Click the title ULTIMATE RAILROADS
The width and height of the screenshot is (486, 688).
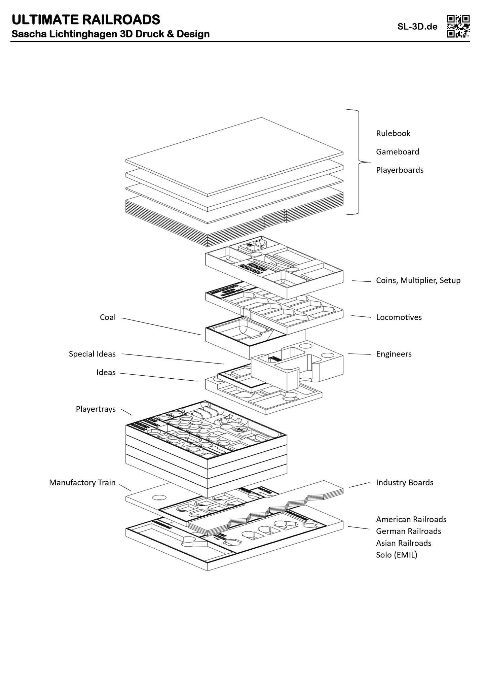coord(86,20)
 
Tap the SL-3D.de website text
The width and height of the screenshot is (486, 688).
coord(417,27)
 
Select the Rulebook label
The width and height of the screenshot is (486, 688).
coord(393,133)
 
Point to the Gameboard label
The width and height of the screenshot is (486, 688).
coord(398,152)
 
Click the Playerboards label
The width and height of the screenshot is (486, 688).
coord(400,170)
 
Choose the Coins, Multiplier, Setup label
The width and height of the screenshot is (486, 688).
coord(418,280)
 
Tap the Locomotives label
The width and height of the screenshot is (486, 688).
coord(399,317)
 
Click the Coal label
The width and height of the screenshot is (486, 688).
coord(108,317)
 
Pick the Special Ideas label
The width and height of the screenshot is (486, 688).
coord(92,354)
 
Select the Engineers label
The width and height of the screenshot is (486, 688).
coord(394,354)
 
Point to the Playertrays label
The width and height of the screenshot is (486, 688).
coord(96,409)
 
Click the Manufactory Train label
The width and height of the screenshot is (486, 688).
coord(82,483)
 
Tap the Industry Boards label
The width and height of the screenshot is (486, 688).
coord(405,483)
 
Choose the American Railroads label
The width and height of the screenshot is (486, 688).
coord(411,519)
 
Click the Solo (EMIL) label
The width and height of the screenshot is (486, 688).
coord(397,555)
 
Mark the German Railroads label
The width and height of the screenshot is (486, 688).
coord(409,531)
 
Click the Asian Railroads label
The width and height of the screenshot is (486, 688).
coord(404,543)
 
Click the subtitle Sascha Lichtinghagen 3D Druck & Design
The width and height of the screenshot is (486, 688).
coord(111,34)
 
